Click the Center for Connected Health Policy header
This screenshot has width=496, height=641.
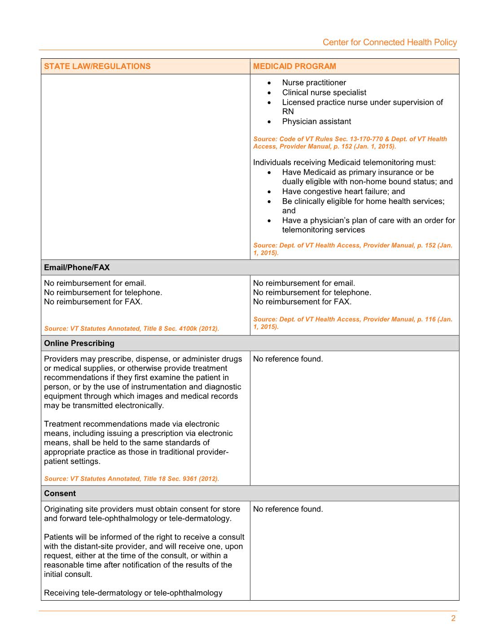point(390,43)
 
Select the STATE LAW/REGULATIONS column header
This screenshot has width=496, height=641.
point(97,66)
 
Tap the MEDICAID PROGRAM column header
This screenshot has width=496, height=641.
point(294,66)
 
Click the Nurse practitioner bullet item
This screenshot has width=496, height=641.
point(314,82)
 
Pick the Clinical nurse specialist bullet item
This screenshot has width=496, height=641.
point(324,92)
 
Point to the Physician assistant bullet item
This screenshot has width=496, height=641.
point(316,121)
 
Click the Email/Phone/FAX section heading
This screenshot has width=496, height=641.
point(77,268)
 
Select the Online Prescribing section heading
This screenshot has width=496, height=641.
point(79,343)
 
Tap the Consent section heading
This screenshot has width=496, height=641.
point(60,494)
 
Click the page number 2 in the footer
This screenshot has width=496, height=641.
point(453,619)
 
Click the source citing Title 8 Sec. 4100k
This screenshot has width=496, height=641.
point(132,329)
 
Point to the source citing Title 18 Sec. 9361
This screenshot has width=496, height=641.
point(132,479)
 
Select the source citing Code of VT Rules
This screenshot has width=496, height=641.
point(350,143)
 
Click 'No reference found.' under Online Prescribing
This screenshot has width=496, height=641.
point(288,359)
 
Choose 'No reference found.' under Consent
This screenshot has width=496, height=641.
point(288,509)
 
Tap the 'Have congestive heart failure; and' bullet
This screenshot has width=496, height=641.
point(343,191)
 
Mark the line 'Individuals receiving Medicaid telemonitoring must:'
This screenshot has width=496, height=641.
point(344,162)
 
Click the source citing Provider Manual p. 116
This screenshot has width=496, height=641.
point(353,323)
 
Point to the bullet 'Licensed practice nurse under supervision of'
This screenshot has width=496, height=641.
point(362,102)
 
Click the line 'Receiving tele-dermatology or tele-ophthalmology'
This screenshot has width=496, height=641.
point(133,593)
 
